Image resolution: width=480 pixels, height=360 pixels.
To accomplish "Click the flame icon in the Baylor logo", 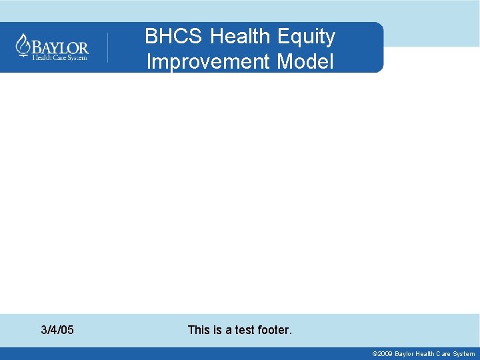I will click(23, 47).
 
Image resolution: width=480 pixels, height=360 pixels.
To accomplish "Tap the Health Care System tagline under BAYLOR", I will click(60, 58).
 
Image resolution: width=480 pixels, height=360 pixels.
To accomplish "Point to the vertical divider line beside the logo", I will click(108, 47).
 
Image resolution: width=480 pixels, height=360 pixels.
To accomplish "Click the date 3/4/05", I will click(57, 330).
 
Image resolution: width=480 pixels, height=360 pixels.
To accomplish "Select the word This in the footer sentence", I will click(199, 330).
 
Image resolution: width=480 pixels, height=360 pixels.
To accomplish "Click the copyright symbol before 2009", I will click(375, 354).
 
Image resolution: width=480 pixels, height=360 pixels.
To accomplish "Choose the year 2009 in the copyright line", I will click(385, 354).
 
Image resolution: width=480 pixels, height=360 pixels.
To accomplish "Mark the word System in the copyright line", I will click(463, 354).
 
